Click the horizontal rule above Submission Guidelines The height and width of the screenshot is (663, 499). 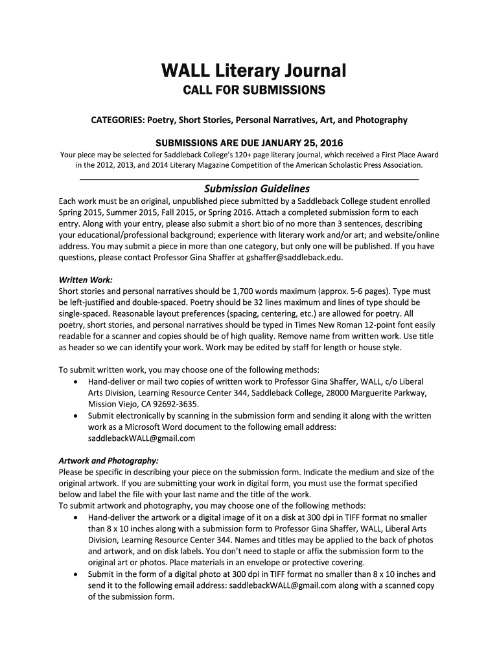[249, 178]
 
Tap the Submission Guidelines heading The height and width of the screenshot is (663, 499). [257, 189]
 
